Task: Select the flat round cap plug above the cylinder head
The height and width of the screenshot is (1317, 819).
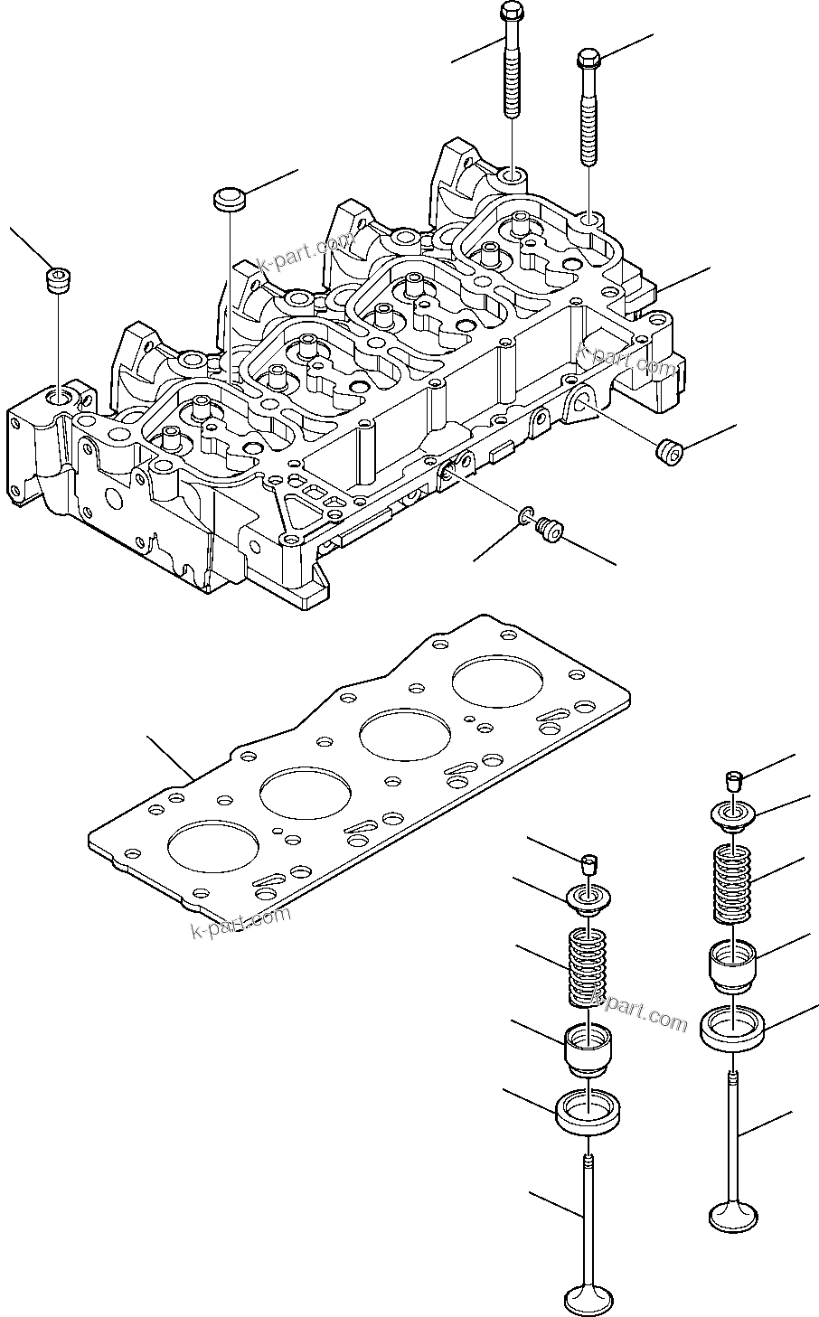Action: coord(229,199)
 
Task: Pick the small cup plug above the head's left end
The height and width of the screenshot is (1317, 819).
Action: coord(59,279)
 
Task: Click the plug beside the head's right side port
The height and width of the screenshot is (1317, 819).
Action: coord(669,448)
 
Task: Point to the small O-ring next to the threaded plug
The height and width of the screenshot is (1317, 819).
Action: coord(526,516)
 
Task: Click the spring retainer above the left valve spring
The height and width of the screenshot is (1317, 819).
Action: coord(586,899)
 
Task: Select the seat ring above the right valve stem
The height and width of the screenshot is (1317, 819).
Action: coord(733,1026)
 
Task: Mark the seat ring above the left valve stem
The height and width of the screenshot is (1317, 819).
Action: coord(587,1111)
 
